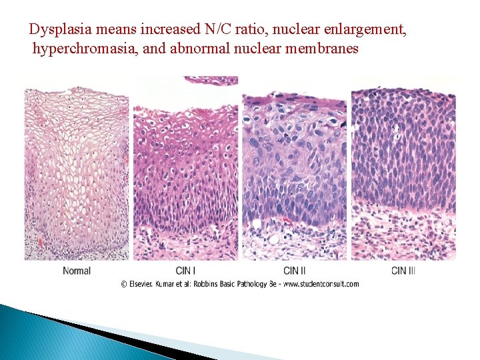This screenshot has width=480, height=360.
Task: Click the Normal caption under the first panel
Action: pos(77,271)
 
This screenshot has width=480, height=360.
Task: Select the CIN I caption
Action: pos(185,271)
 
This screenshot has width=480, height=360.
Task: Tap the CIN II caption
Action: pos(295,271)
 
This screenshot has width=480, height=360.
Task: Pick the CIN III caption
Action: pos(403,271)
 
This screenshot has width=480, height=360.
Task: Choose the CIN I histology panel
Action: pos(185,170)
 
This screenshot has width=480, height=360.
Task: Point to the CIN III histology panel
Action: pos(403,170)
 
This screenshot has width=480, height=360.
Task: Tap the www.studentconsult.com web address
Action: pos(321,284)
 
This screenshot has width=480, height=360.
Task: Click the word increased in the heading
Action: pos(163,30)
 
